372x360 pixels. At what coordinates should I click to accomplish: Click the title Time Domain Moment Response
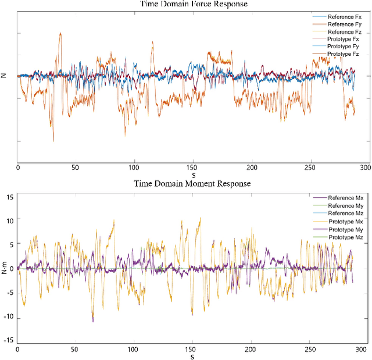click(192, 183)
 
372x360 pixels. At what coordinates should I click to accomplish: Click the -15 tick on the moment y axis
click(8, 341)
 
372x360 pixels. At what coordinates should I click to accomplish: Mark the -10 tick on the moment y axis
click(8, 318)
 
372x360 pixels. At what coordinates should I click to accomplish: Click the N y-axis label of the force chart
click(4, 76)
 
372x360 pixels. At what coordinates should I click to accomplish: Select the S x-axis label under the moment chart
click(192, 357)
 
